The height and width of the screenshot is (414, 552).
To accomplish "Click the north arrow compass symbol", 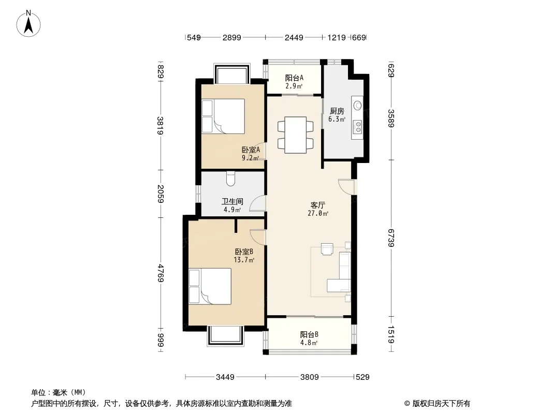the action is click(28, 23).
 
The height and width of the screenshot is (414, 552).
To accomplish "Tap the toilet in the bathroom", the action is click(231, 179).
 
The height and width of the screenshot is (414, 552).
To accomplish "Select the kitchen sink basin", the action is click(357, 106).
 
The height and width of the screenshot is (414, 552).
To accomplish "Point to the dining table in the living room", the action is click(295, 135).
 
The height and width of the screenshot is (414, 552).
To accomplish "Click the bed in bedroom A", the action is click(223, 116).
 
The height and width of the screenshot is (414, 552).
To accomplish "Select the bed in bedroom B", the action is click(210, 286).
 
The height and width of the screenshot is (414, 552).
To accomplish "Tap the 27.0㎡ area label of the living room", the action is click(318, 213).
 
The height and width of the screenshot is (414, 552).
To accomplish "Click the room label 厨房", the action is click(337, 111).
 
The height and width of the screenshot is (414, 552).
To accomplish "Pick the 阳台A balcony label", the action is click(294, 78).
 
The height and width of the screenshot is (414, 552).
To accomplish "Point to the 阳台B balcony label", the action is click(309, 334).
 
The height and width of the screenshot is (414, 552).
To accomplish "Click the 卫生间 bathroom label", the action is click(232, 201).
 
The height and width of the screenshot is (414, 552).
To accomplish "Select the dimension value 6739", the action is click(391, 238).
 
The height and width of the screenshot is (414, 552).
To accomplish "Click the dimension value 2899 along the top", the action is click(231, 38).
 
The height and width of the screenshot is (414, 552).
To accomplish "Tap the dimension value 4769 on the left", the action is click(161, 273).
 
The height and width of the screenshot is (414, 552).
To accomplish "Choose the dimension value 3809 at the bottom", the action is click(310, 377).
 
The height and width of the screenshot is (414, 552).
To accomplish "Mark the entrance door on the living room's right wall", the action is click(347, 187).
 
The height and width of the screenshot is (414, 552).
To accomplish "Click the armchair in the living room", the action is click(327, 249).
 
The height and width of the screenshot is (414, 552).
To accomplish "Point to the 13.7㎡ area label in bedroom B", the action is click(244, 260).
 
